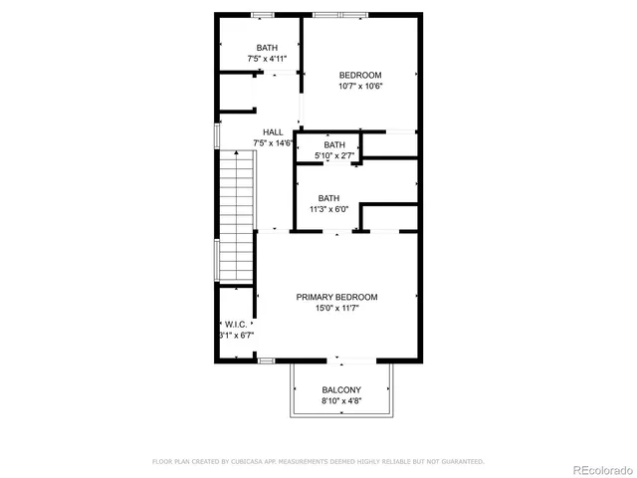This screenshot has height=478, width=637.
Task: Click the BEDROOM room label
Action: click(360, 75)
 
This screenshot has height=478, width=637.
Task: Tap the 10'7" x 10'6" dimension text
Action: click(360, 86)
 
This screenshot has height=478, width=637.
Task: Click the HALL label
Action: click(273, 132)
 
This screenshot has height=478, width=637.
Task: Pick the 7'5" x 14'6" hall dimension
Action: click(274, 143)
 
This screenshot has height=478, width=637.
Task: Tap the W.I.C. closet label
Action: click(236, 325)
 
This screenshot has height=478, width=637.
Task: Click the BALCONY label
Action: click(341, 389)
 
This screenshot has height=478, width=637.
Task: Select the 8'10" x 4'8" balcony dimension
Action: click(341, 400)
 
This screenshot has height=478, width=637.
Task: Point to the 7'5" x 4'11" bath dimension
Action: click(267, 59)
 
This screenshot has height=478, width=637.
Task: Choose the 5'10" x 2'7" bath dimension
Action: click(333, 156)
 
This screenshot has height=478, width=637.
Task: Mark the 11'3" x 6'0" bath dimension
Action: click(329, 209)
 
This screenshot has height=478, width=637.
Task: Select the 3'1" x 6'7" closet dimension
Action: click(236, 336)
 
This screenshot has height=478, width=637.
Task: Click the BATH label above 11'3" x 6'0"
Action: click(329, 198)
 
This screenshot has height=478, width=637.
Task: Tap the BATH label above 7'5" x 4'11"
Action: click(267, 48)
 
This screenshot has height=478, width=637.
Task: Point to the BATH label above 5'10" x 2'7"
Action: click(334, 145)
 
